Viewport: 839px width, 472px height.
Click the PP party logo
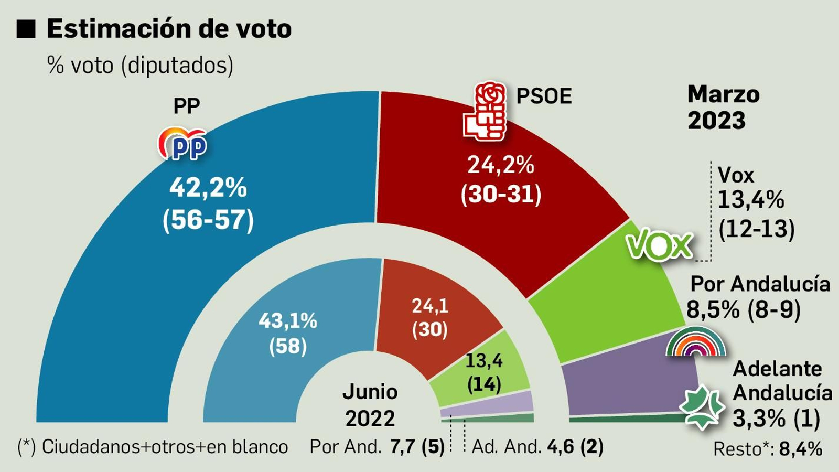pos(182,143)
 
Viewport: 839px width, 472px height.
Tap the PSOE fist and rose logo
pos(485,111)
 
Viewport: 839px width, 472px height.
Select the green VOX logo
pos(660,245)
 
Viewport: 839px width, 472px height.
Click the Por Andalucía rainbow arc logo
pos(696,343)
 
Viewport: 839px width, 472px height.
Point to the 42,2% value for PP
pos(208,187)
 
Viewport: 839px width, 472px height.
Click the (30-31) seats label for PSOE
pos(501,195)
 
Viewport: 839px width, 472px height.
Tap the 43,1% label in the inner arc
pos(287,320)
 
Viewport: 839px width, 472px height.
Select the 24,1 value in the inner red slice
pos(429,306)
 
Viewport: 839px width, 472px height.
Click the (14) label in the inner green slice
pos(483,384)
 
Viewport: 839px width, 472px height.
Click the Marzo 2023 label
pos(723,108)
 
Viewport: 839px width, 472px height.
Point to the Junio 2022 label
pos(370,405)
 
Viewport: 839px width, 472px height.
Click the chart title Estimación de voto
pos(169,28)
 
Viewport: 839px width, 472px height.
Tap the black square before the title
pos(26,29)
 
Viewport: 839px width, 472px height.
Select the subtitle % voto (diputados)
pos(140,66)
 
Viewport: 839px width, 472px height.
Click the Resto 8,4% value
pos(800,449)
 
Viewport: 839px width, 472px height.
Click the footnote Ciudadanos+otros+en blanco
pos(153,447)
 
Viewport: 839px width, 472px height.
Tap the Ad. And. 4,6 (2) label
pos(537,447)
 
